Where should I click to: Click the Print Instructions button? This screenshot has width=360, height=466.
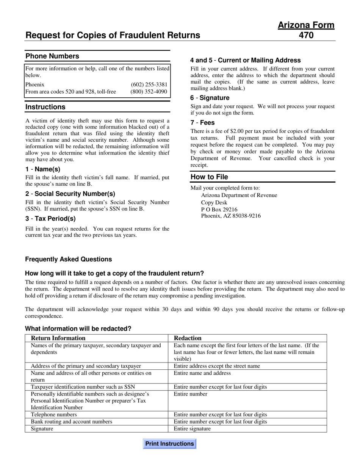[169, 444]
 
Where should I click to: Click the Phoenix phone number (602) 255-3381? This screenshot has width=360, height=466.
[149, 84]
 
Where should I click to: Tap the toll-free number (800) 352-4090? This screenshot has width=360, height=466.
[149, 92]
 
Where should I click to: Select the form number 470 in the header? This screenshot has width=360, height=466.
[306, 36]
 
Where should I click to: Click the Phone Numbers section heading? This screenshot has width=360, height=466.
[52, 56]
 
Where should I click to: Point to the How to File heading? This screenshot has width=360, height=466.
[209, 177]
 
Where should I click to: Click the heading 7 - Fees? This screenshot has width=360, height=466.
[202, 123]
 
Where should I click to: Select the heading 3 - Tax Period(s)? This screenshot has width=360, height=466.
[50, 219]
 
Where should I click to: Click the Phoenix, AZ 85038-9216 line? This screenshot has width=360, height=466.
[230, 216]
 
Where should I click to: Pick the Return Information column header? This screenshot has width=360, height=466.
[58, 338]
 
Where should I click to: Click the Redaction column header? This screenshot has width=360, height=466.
[188, 338]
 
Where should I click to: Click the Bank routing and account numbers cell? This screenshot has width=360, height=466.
[71, 422]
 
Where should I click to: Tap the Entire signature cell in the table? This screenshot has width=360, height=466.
[192, 429]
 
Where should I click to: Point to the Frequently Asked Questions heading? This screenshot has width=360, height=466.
[69, 260]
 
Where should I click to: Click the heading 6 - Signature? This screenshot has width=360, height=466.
[210, 98]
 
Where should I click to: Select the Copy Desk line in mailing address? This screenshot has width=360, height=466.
[214, 202]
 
